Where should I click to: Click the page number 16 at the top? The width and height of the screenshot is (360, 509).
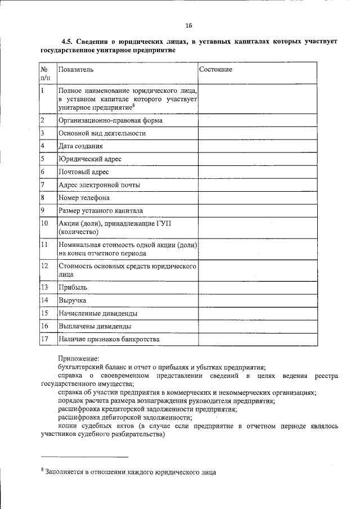tap(188, 25)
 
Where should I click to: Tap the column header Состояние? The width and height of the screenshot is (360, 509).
tap(215, 69)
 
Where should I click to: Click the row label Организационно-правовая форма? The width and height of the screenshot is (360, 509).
tap(110, 120)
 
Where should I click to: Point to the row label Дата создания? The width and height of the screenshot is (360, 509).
tap(80, 146)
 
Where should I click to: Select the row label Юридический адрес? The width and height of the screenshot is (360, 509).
tap(89, 159)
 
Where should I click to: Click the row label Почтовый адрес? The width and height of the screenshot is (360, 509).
tap(83, 172)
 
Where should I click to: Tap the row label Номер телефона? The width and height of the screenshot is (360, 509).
tap(84, 198)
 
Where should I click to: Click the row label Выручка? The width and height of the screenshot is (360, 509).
tap(72, 300)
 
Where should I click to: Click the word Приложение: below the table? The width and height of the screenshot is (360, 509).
tap(78, 358)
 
